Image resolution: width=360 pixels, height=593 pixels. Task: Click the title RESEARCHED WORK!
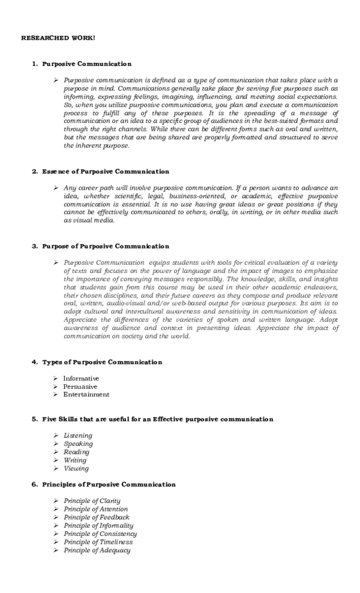(x=58, y=38)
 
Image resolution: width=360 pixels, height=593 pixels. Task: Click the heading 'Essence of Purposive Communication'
(x=105, y=172)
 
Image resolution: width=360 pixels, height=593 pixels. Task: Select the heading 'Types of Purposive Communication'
(x=102, y=362)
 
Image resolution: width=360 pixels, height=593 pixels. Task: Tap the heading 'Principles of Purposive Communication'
(x=109, y=484)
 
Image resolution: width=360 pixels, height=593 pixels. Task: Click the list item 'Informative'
(x=81, y=379)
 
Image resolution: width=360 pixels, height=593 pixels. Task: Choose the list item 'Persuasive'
(x=80, y=387)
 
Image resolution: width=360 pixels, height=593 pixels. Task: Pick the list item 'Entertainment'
(x=86, y=395)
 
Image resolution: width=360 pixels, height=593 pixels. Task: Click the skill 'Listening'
(x=78, y=435)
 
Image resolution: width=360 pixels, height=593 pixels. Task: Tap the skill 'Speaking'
(x=78, y=444)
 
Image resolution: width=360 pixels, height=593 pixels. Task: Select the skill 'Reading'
(x=76, y=452)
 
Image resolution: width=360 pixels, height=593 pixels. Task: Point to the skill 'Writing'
(x=75, y=460)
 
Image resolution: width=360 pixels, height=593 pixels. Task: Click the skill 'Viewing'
(x=76, y=468)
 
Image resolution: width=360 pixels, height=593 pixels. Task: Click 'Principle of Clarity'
(x=92, y=501)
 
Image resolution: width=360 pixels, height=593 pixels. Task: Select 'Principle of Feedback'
(x=96, y=517)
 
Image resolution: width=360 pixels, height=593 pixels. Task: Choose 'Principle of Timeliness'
(x=98, y=541)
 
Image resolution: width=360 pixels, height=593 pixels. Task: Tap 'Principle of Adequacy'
(x=97, y=550)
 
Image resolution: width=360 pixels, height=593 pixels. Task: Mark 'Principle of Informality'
(x=98, y=525)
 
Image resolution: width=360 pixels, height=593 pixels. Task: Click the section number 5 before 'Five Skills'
(x=34, y=419)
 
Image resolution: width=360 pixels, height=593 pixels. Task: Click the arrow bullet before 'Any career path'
(x=55, y=188)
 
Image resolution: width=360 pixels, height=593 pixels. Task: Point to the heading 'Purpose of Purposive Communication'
(x=105, y=246)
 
